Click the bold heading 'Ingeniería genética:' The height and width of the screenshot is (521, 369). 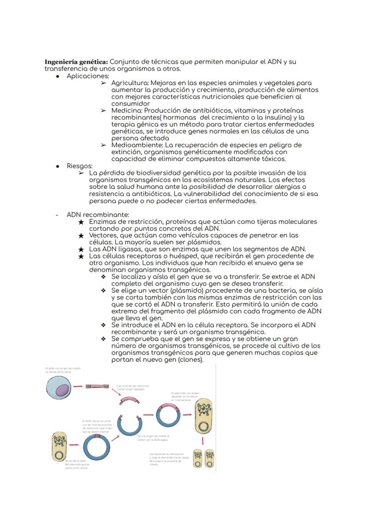pos(76,62)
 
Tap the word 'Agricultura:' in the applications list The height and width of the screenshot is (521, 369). pos(130,83)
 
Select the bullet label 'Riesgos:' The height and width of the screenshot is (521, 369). pos(79,166)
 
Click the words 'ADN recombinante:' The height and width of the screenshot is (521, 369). pos(98,215)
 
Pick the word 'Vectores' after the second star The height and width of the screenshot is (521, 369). pos(103,235)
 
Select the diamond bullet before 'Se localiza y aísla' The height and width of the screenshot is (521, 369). pos(103,277)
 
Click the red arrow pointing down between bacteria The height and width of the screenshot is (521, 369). pos(203,440)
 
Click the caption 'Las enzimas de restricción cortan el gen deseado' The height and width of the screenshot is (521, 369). pos(133,387)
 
